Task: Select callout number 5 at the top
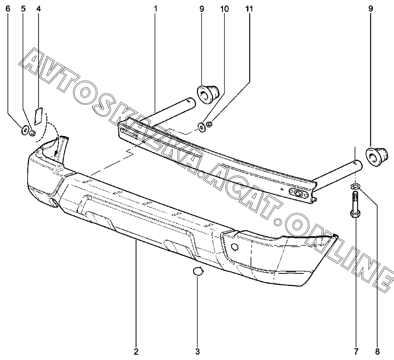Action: pos(24,8)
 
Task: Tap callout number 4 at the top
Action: pos(38,8)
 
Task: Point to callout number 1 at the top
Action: pos(156,8)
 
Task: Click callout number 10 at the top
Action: pos(224,8)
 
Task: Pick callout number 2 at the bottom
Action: pos(136,351)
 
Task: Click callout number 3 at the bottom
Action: pos(197,351)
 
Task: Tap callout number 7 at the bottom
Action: pos(356,351)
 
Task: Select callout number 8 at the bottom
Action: pos(378,351)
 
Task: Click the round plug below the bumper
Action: pos(198,272)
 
